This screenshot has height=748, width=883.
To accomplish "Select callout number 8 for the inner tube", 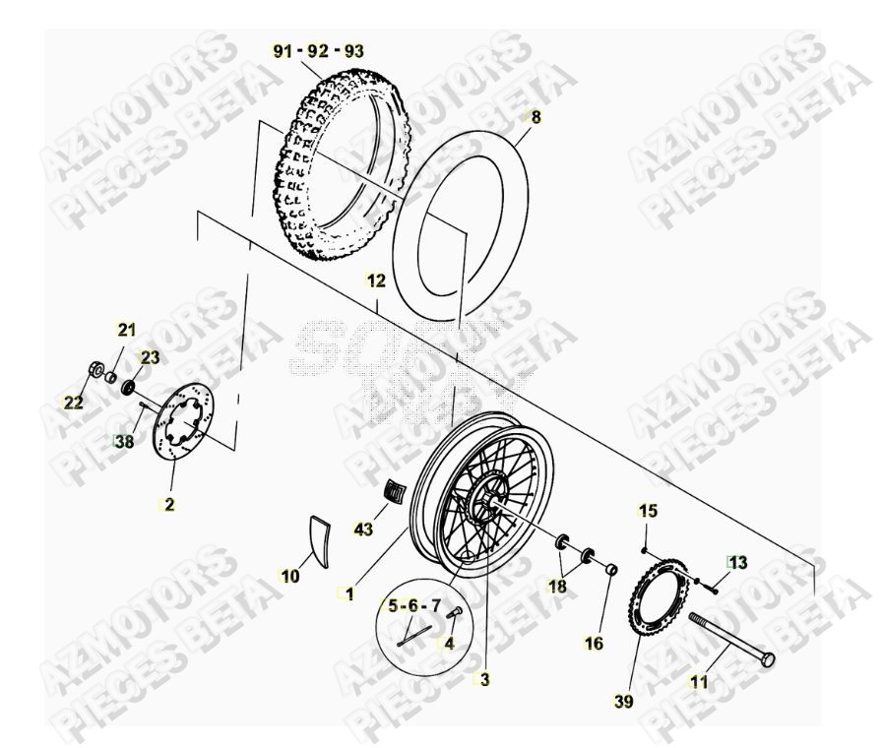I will pyautogui.click(x=536, y=117).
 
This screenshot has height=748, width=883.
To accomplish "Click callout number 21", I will pyautogui.click(x=128, y=329).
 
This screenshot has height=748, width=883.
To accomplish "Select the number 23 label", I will pyautogui.click(x=149, y=357).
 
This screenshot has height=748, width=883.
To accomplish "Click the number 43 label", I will pyautogui.click(x=364, y=530).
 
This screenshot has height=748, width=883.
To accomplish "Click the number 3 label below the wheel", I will pyautogui.click(x=484, y=679).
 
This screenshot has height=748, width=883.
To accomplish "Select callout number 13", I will pyautogui.click(x=737, y=562).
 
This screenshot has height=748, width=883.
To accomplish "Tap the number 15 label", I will pyautogui.click(x=647, y=510).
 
